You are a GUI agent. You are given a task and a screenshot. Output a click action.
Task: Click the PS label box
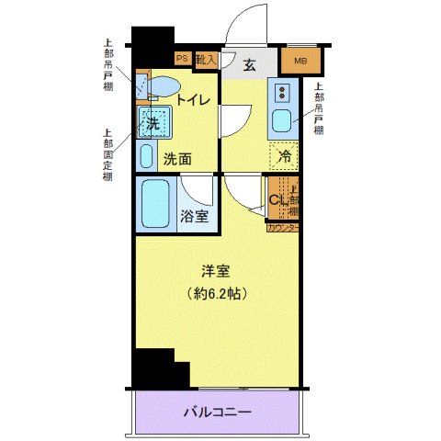(x=183, y=58)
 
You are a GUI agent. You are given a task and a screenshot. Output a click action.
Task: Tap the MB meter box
(x=301, y=62)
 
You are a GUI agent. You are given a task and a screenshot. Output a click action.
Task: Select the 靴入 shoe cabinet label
(x=207, y=60)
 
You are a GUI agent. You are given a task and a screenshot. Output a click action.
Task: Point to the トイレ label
(x=194, y=99)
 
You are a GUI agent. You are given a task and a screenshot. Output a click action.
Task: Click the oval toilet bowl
(x=163, y=87)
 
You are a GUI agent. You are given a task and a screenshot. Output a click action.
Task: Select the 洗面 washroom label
(x=177, y=158)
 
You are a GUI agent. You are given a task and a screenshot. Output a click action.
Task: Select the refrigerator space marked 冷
(x=285, y=157)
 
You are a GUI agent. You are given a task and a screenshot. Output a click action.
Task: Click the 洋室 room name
(x=217, y=271)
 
